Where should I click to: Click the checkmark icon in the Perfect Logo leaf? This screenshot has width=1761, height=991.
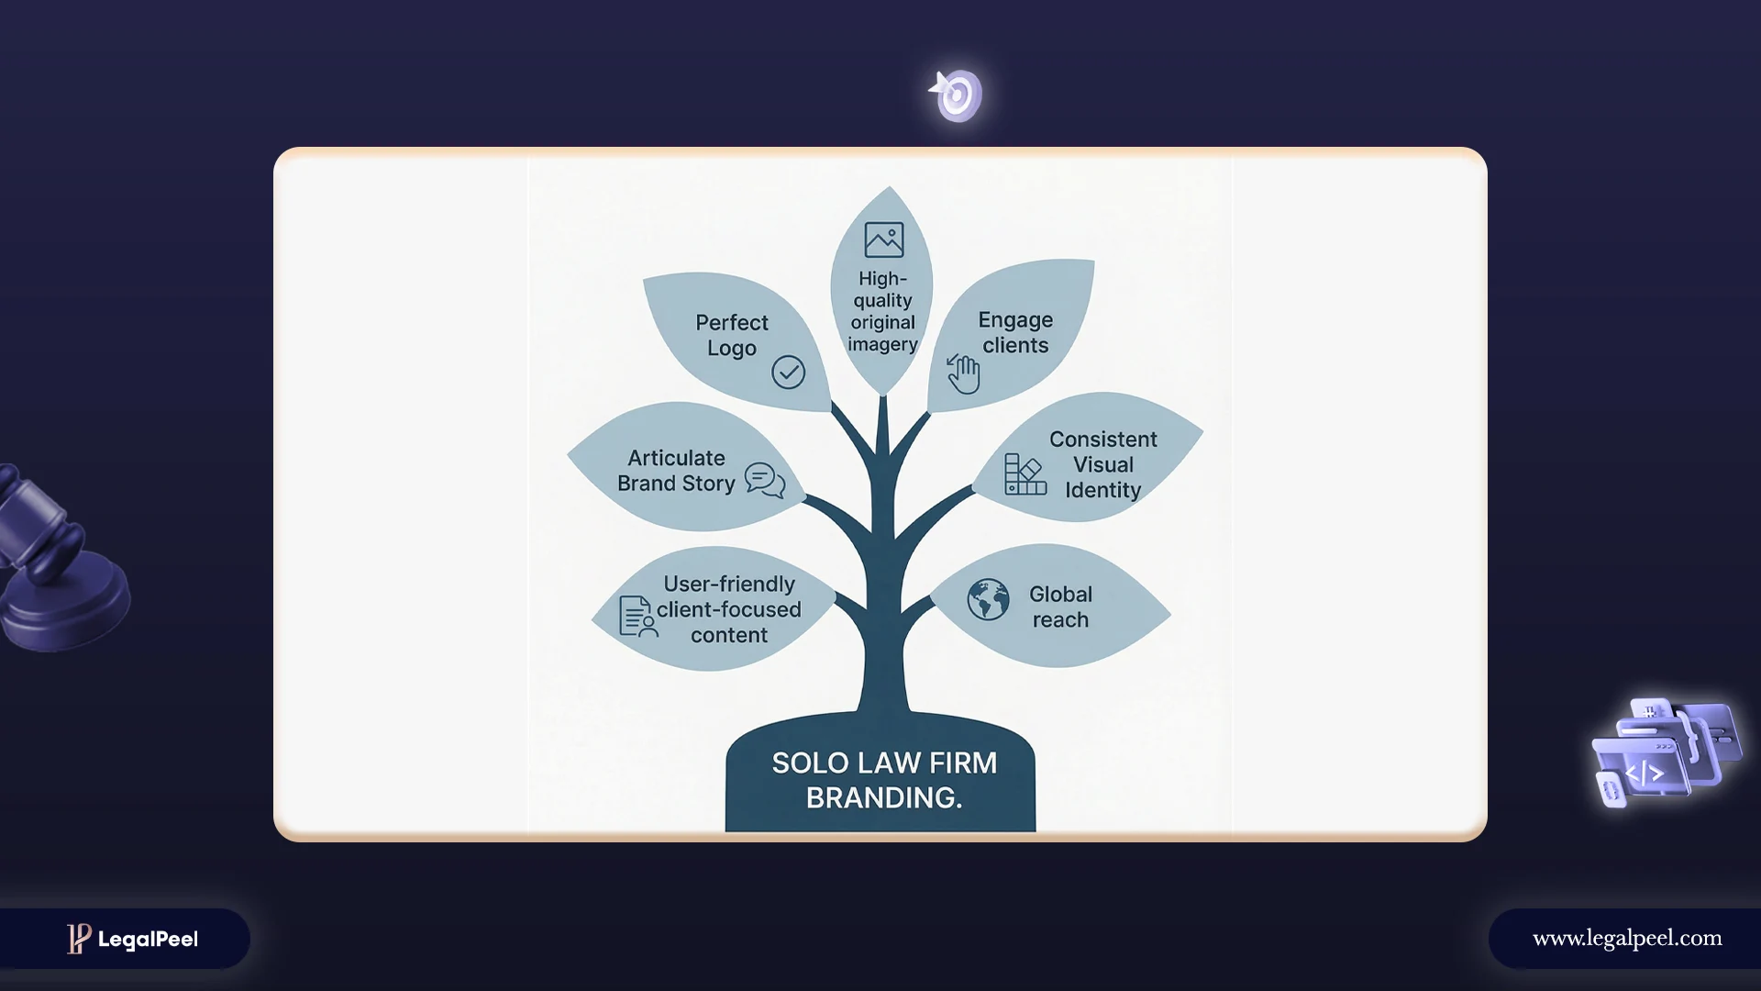[788, 372]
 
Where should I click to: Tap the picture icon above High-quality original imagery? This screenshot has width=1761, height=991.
[884, 239]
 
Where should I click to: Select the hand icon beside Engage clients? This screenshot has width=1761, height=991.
[963, 373]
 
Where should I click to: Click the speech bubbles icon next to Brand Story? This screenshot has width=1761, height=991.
[765, 480]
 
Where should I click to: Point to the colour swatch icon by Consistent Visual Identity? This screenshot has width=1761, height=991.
[1025, 474]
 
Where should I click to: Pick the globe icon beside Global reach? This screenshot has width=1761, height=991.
[988, 600]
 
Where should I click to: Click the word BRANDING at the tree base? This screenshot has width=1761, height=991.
[882, 798]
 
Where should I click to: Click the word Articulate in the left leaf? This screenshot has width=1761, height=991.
[676, 458]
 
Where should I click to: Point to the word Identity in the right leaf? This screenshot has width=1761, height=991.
[1102, 491]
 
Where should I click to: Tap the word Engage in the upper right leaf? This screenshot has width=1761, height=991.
[1015, 320]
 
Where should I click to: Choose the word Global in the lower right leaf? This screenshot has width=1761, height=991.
[1060, 595]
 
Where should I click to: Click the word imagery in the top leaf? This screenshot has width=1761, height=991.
[882, 345]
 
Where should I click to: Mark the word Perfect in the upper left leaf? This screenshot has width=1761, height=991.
[732, 323]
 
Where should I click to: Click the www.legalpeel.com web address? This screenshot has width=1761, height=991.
[1627, 939]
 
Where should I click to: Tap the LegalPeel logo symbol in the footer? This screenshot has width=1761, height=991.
[79, 938]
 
